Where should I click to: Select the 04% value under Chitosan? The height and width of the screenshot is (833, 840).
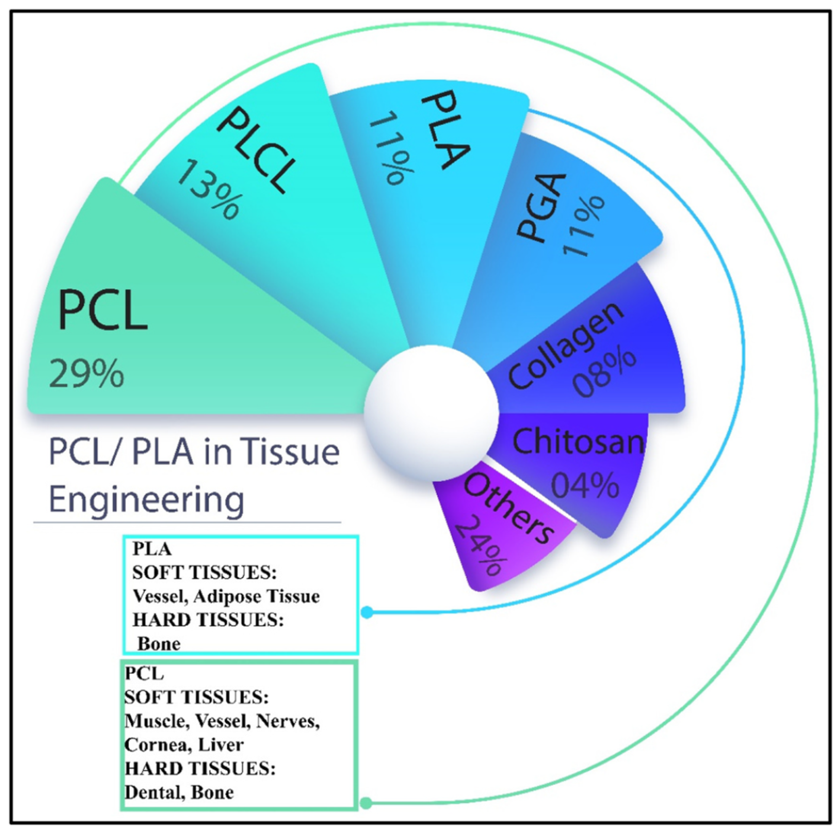point(585,485)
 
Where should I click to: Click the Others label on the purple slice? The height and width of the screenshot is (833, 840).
point(509,508)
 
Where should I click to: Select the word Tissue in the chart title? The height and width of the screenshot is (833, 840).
point(290,451)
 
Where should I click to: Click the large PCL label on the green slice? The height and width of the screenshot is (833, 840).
point(103,309)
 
